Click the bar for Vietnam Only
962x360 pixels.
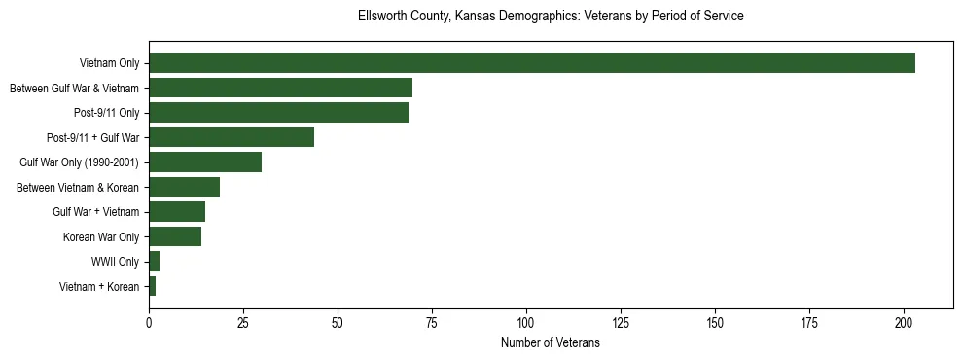click(531, 63)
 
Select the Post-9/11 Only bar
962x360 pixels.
click(278, 113)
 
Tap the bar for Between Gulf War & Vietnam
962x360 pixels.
click(280, 89)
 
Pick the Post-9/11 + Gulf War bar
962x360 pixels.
click(232, 137)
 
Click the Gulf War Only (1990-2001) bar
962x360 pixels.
click(205, 162)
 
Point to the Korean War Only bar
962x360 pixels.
click(175, 236)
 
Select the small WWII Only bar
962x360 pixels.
click(154, 261)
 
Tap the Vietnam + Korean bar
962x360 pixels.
click(152, 286)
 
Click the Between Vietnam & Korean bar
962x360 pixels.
click(184, 187)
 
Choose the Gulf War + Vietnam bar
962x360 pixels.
click(177, 211)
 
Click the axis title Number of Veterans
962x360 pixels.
click(550, 343)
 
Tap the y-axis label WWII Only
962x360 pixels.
click(115, 262)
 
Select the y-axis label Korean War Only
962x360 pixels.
click(101, 236)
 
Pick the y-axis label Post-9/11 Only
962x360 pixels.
click(106, 113)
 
